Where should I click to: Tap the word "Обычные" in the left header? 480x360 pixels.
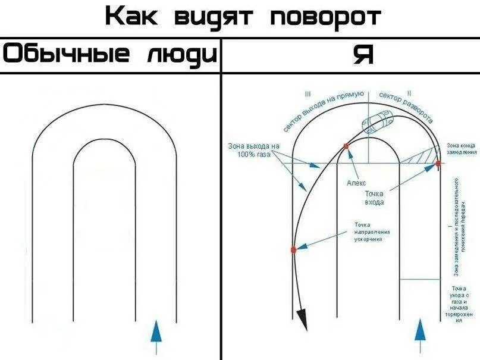(66, 55)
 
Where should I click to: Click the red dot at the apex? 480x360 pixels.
(346, 145)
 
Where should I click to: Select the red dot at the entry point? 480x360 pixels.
(437, 162)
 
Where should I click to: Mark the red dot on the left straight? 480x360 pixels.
(293, 249)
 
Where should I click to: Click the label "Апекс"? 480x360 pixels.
(356, 183)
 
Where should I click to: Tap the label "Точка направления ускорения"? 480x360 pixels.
(367, 231)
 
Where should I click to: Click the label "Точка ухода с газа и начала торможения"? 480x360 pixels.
(462, 304)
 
